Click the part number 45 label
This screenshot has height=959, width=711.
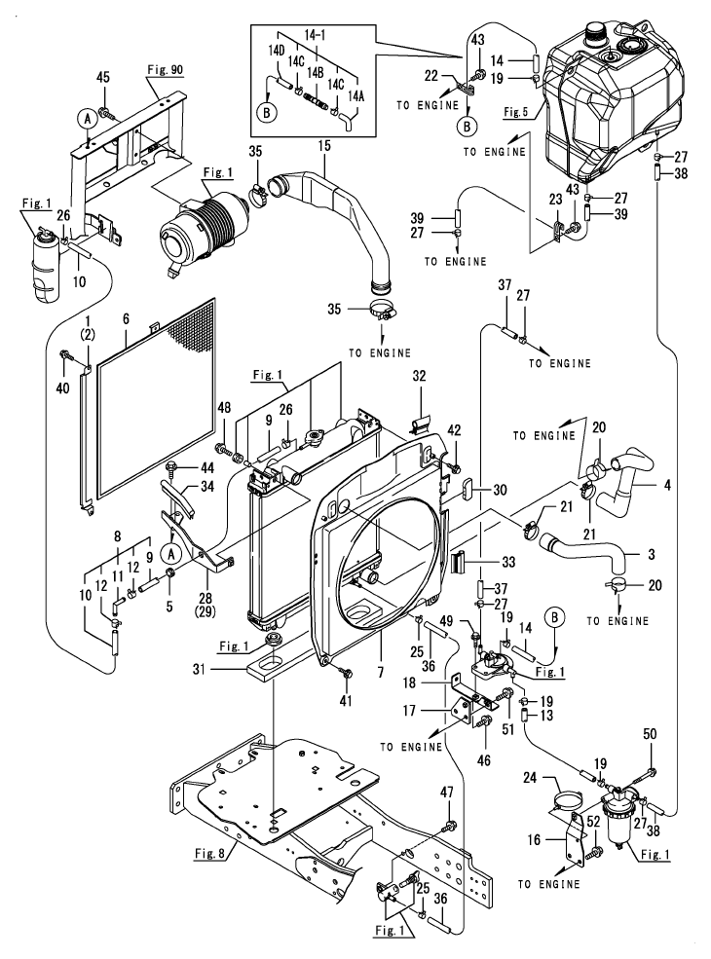[x=103, y=79]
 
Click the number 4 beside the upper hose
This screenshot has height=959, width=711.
[x=667, y=483]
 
